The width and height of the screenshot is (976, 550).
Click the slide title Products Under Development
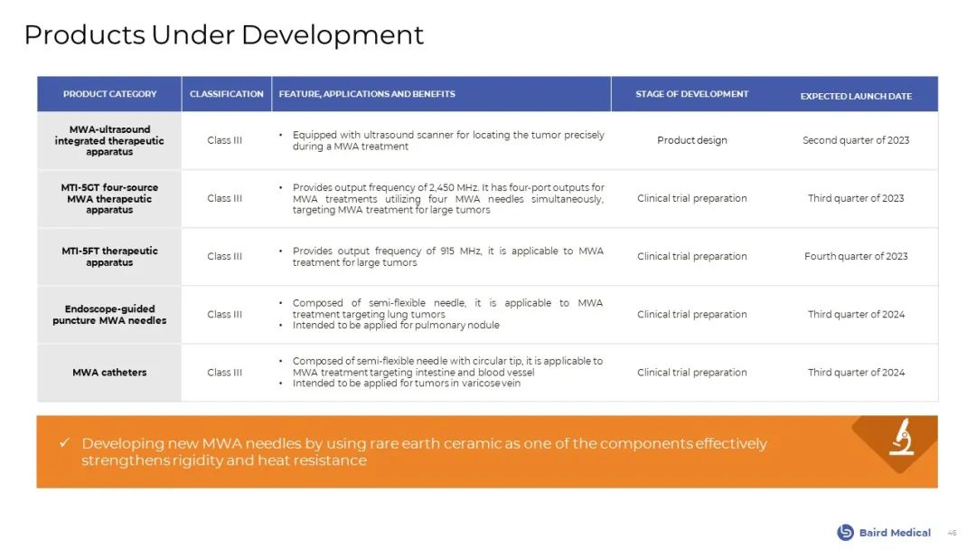223,35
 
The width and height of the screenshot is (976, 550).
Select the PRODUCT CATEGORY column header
109,94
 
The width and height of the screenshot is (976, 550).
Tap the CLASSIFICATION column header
227,94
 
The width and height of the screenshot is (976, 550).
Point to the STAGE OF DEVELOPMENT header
691,94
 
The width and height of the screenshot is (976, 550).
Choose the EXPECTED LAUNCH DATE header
856,96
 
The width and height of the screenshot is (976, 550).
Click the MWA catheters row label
109,373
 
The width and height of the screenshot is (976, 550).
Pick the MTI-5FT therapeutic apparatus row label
109,257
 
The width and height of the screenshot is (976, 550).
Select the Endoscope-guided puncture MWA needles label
109,315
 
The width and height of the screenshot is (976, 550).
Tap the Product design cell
692,141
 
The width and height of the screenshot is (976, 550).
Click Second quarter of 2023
856,141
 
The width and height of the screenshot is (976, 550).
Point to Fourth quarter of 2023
856,257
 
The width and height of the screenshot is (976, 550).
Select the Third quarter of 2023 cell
856,199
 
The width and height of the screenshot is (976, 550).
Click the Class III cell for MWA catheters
225,373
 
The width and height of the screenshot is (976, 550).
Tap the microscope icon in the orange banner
901,437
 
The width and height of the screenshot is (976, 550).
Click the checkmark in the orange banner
65,443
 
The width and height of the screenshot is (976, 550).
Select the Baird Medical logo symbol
845,533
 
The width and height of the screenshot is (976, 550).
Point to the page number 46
952,533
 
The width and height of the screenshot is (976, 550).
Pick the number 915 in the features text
447,251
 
